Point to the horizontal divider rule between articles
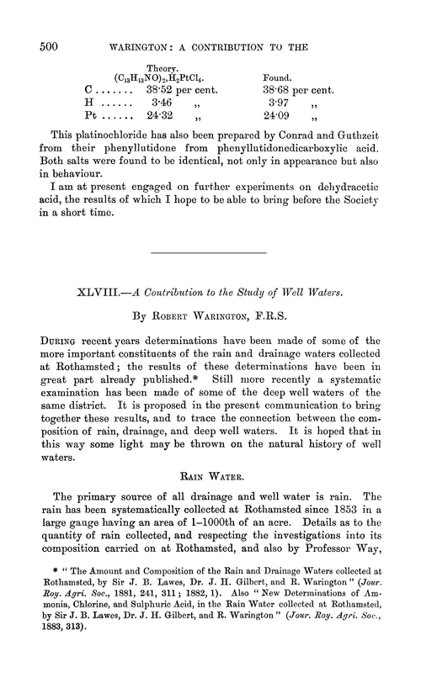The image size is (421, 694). [208, 252]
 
